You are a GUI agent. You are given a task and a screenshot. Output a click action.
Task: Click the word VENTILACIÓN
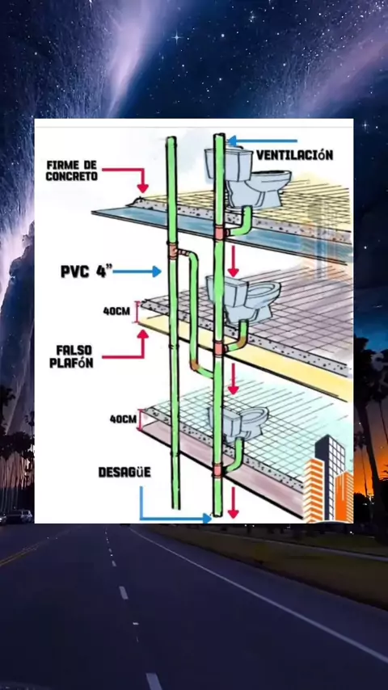click(294, 155)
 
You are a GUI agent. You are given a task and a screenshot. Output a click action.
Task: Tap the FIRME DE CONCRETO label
click(71, 170)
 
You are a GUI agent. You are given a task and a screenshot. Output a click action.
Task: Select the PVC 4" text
click(86, 271)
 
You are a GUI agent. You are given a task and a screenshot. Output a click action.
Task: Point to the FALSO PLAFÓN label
click(74, 356)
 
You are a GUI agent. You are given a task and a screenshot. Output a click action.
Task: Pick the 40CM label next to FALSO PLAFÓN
click(116, 311)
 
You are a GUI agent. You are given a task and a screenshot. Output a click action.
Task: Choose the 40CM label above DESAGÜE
click(124, 419)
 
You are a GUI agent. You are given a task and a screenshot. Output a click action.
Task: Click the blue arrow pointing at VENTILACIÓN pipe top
click(263, 141)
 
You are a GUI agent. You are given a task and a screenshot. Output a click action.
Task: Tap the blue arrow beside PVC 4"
click(137, 271)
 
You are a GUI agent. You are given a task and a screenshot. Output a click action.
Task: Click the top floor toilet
click(249, 177)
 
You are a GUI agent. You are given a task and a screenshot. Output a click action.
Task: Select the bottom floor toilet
click(239, 423)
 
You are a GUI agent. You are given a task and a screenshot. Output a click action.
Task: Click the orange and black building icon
click(328, 479)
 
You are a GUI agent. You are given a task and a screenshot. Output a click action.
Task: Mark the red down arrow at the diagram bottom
click(233, 503)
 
